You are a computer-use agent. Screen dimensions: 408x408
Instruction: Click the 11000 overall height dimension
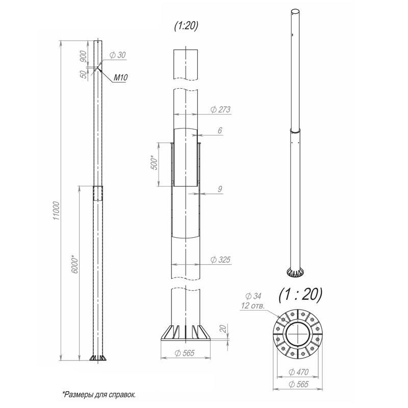57,210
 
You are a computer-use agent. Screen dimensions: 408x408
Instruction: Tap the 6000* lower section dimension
74,265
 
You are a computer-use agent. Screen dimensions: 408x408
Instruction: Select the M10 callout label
121,78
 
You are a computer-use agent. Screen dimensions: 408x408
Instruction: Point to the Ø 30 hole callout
118,55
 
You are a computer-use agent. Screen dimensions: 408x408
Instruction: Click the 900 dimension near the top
83,57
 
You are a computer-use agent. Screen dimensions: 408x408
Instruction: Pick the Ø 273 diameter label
220,110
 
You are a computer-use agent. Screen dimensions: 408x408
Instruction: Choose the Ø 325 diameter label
220,260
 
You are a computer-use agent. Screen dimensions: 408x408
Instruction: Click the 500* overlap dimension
154,162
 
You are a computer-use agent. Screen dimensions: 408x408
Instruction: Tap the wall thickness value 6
220,130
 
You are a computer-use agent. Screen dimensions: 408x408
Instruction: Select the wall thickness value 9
220,189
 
